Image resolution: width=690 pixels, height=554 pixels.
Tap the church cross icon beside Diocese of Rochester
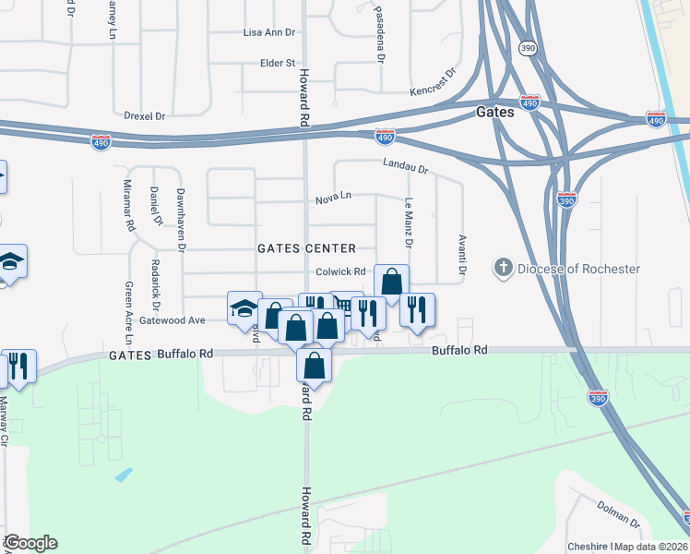(x=503, y=268)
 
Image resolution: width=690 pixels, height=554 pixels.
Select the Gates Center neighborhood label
(x=306, y=248)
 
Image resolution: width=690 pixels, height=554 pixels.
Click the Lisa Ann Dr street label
(x=268, y=31)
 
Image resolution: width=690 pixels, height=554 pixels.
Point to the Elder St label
(x=277, y=63)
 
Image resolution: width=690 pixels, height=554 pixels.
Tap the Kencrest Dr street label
(x=434, y=83)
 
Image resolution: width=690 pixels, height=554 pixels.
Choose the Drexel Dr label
(x=144, y=116)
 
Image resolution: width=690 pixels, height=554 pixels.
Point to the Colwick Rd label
(x=341, y=271)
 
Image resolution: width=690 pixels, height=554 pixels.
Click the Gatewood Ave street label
(x=172, y=319)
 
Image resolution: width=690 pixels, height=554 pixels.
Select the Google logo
(x=30, y=543)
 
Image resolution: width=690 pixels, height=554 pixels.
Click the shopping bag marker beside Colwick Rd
(x=391, y=282)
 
